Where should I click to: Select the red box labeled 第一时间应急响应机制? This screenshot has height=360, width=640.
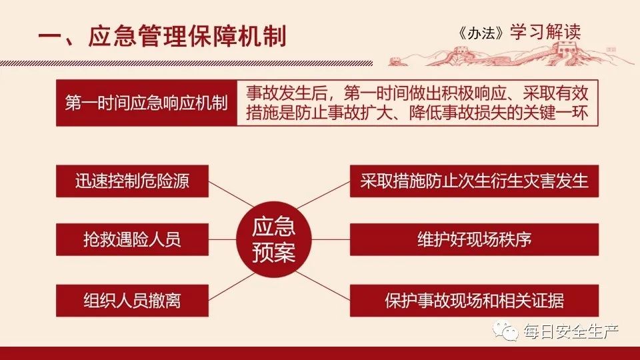click(x=146, y=103)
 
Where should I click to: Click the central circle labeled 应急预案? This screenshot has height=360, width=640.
click(x=274, y=239)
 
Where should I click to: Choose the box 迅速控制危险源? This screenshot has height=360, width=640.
click(x=132, y=181)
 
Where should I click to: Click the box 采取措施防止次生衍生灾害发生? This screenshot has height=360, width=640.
click(x=474, y=181)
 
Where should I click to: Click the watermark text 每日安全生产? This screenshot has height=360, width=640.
click(x=570, y=331)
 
